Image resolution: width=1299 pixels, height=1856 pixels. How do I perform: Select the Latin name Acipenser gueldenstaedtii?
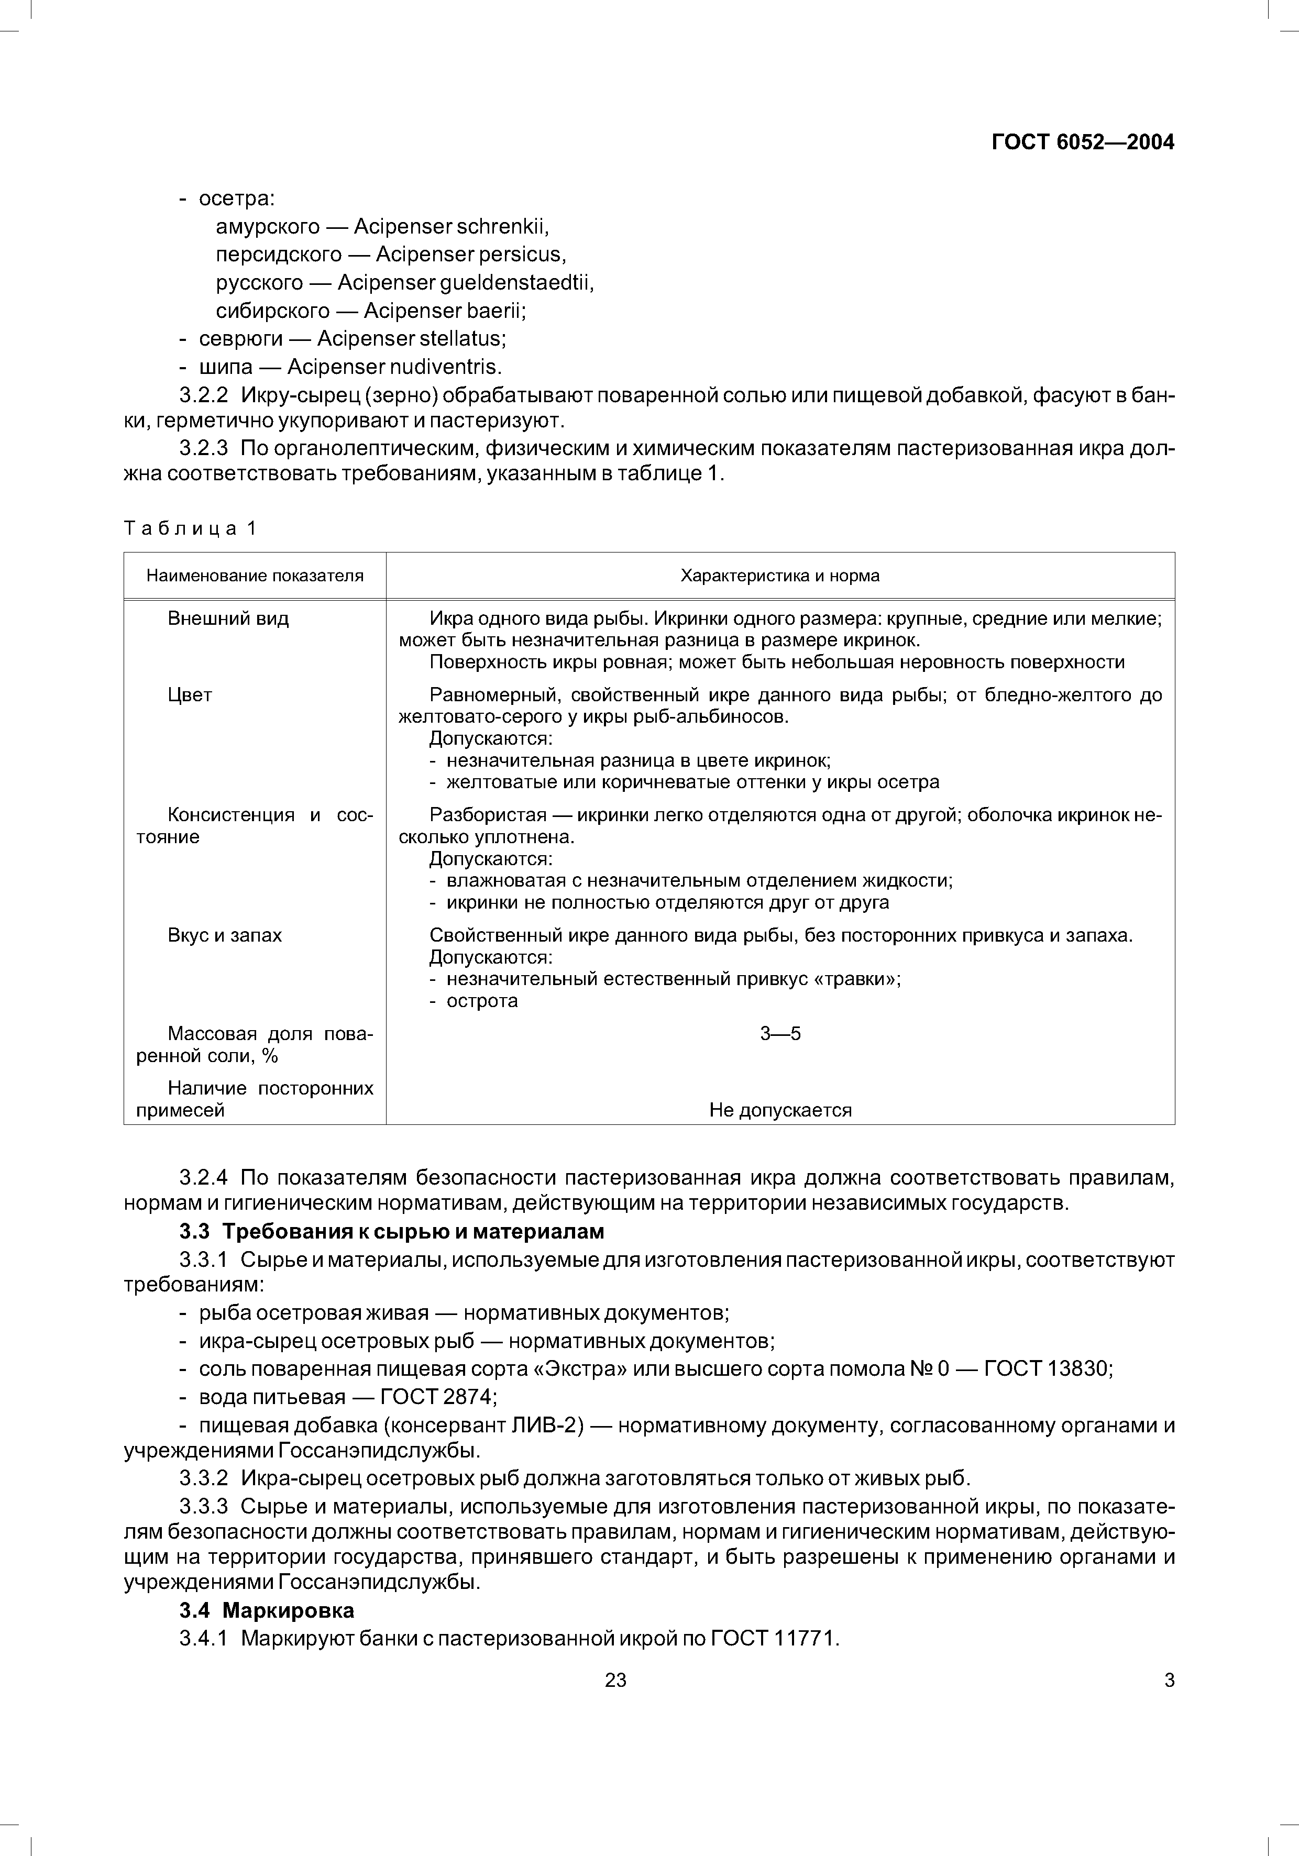[466, 283]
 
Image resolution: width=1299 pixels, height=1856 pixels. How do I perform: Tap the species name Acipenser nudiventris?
[394, 367]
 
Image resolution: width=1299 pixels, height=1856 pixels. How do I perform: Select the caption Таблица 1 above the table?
[190, 528]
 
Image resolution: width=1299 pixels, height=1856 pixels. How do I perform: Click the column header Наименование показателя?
[255, 576]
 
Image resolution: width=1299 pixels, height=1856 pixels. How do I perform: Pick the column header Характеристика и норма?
[779, 576]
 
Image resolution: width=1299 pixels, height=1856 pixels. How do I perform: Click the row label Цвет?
[190, 695]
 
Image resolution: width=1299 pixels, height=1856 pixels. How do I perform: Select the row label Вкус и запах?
[225, 935]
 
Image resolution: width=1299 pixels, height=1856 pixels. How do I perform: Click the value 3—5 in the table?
[780, 1033]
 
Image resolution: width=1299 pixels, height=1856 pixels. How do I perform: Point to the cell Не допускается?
[780, 1110]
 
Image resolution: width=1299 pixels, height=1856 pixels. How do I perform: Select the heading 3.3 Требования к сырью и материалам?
[391, 1232]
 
